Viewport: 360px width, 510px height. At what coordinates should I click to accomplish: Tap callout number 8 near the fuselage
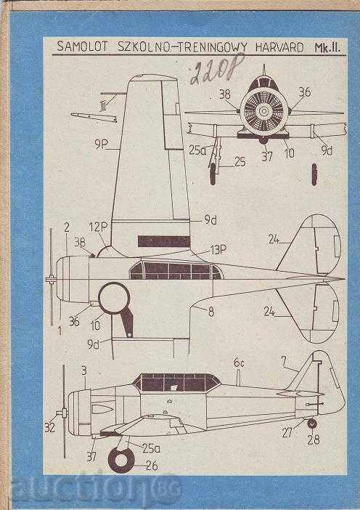tap(211, 312)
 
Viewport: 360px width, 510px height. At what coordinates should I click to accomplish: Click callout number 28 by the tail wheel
tap(313, 439)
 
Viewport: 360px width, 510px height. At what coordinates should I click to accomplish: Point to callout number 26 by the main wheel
tap(152, 466)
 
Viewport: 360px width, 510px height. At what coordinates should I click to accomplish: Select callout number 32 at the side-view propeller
tap(49, 428)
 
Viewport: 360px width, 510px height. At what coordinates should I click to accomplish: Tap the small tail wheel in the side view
tap(311, 423)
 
